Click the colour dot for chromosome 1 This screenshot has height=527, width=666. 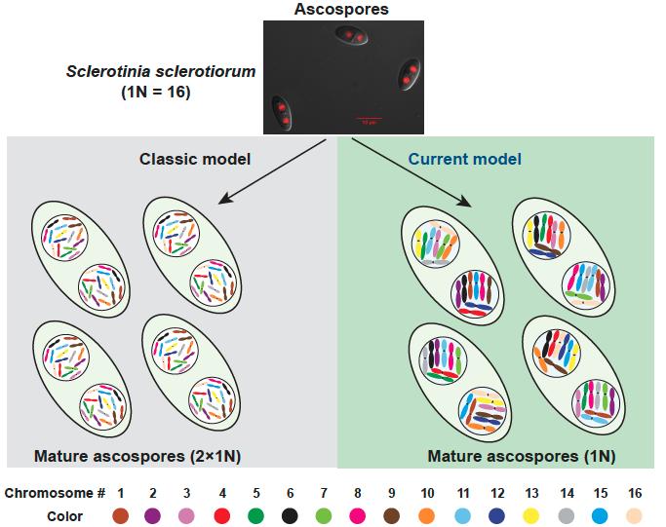pyautogui.click(x=121, y=516)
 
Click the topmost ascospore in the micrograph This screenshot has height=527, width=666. pyautogui.click(x=353, y=37)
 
